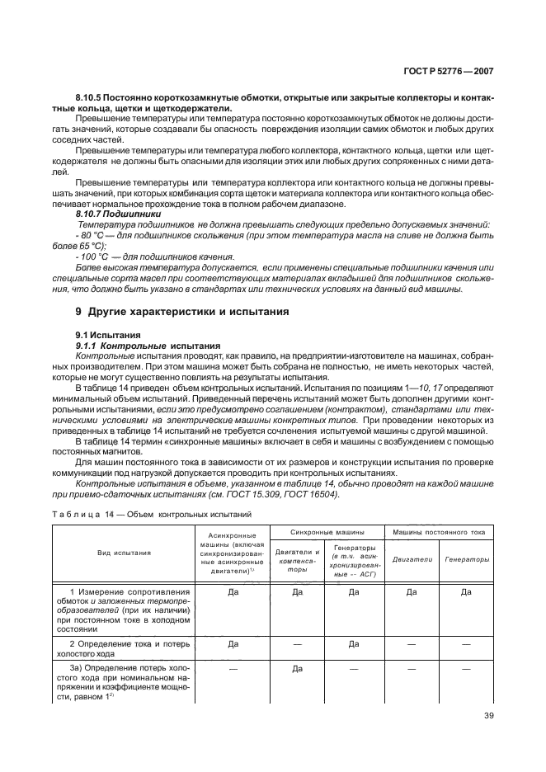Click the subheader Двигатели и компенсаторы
pos(296,558)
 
